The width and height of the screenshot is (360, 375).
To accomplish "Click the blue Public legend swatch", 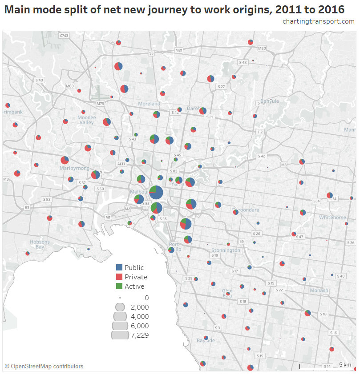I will [x=119, y=267].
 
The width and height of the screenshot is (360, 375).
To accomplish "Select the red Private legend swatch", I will [x=119, y=277].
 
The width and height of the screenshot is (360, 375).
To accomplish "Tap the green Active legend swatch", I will [x=119, y=286].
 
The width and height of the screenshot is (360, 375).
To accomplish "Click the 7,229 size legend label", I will [x=140, y=335].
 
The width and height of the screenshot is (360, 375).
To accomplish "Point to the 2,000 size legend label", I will [x=140, y=307].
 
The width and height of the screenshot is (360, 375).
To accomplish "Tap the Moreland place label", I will [x=149, y=104].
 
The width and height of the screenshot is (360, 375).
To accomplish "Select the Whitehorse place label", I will [x=332, y=218].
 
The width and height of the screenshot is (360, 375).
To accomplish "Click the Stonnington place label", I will [x=226, y=250].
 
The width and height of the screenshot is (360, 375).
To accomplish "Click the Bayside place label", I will [x=206, y=341].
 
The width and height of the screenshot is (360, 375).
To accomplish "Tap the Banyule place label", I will [x=269, y=101].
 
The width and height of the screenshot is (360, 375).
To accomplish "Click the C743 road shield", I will [x=64, y=35].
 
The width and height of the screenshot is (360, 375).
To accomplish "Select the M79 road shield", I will [x=100, y=104].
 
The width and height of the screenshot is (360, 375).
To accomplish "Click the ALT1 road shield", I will [x=121, y=164].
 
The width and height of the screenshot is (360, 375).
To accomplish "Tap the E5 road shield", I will [x=242, y=241].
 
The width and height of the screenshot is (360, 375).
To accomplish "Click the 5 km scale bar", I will [x=325, y=366].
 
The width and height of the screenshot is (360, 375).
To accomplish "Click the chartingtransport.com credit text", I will [x=318, y=21].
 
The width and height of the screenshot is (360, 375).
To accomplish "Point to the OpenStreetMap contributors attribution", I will [x=44, y=367].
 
